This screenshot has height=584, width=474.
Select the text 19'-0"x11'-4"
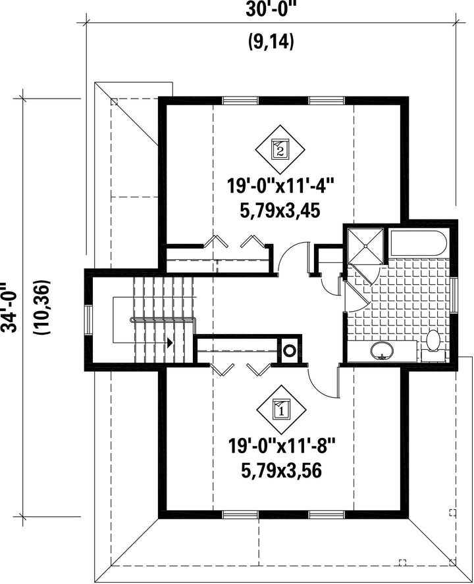coord(280,185)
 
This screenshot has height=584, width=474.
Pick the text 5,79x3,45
coord(280,211)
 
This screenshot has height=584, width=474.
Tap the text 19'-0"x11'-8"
coord(282,445)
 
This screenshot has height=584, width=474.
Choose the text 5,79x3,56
coord(282,471)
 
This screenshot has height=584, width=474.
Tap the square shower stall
coord(365,246)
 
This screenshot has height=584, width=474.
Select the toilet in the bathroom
coord(433,345)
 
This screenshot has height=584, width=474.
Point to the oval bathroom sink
coord(382,351)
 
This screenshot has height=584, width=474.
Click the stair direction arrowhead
coord(170,343)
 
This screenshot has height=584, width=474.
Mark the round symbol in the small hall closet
coord(289,350)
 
